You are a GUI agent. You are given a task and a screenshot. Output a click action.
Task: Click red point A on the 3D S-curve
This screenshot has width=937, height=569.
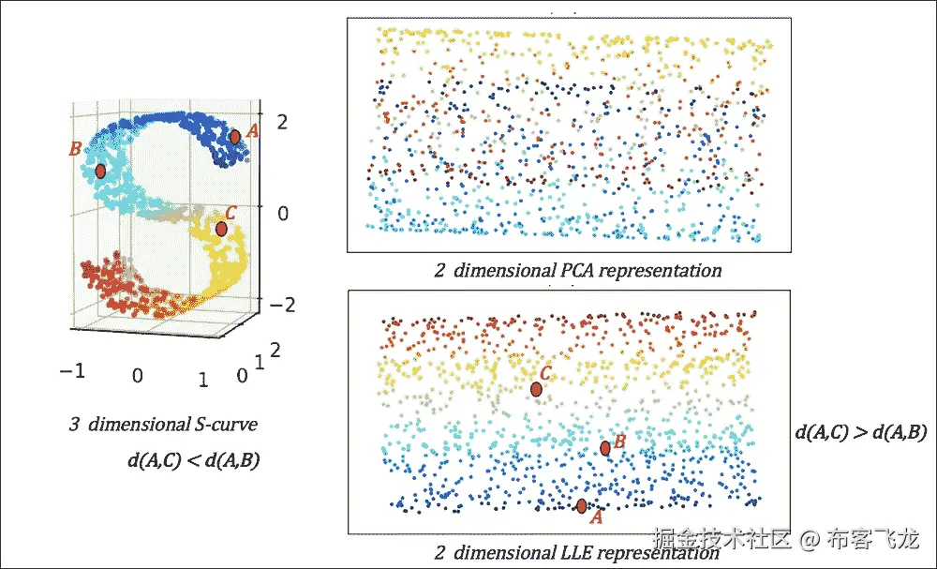235,137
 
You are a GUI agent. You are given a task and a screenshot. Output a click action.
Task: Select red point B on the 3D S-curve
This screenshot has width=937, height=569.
100,171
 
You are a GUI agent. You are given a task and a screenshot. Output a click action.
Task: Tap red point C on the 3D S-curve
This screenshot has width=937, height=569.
221,229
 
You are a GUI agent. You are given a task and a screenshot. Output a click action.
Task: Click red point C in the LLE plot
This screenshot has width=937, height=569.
536,389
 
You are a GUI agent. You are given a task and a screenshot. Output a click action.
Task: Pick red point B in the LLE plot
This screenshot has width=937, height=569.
605,448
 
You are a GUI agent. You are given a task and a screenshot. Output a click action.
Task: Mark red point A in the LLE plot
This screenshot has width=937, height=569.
582,506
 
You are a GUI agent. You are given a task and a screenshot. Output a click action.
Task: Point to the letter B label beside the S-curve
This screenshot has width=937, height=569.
75,149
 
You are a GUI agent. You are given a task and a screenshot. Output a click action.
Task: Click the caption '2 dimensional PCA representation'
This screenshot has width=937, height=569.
578,271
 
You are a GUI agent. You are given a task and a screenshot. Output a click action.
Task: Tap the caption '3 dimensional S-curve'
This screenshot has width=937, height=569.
163,425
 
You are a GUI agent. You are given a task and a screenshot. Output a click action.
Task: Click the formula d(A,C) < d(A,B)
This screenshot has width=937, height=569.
194,460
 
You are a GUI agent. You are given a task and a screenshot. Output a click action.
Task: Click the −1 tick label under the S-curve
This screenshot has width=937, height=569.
73,370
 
